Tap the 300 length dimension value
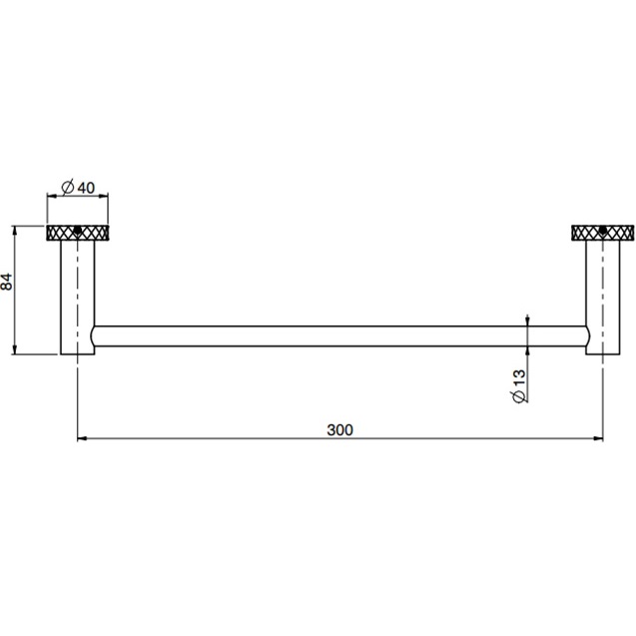(339, 430)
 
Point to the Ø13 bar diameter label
(518, 385)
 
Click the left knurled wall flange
(78, 234)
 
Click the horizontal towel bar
(339, 335)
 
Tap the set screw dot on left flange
(78, 234)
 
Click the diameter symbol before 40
(66, 187)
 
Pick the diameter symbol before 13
(518, 397)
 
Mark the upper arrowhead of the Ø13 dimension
(526, 320)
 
